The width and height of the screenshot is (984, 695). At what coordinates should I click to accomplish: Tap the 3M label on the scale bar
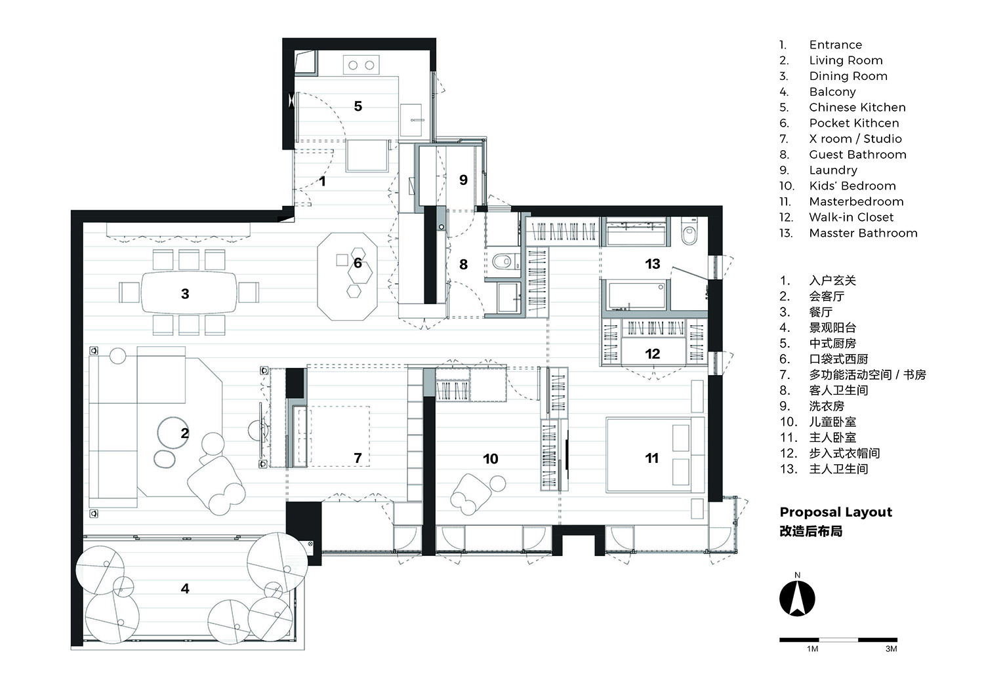[891, 649]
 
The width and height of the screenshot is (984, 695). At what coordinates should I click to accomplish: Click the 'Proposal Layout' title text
[836, 512]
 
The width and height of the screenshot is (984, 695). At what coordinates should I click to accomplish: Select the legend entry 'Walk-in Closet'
[851, 217]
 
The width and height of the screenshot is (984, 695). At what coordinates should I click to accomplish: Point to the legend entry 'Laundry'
[832, 170]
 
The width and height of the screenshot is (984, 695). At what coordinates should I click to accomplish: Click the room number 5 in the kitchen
[358, 106]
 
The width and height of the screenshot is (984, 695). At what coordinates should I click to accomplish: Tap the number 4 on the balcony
[185, 589]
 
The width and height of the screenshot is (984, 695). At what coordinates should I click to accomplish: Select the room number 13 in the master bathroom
[652, 264]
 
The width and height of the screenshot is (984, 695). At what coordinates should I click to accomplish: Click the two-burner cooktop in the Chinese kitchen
[361, 65]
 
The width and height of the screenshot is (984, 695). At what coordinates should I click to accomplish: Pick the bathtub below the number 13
[636, 296]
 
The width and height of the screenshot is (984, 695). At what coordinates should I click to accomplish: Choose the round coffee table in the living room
[173, 431]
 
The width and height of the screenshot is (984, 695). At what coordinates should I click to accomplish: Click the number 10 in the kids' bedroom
[491, 459]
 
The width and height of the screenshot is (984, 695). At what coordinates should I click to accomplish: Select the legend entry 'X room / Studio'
[855, 138]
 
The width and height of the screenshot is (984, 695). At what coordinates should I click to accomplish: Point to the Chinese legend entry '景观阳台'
[832, 327]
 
